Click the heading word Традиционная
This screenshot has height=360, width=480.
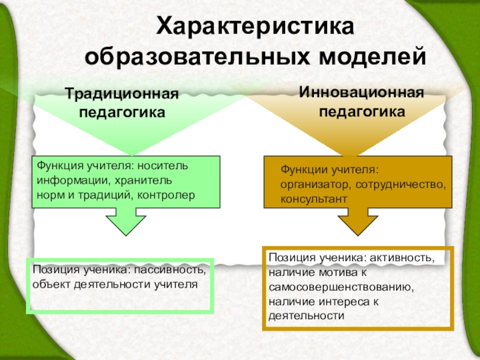(122, 94)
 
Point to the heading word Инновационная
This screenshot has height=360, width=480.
(361, 93)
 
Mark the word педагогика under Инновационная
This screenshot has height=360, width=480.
(361, 112)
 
